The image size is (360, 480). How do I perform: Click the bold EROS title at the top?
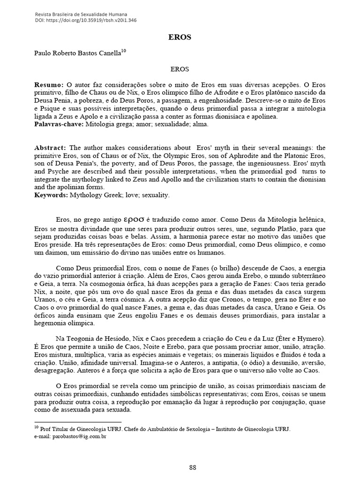[x=180, y=37]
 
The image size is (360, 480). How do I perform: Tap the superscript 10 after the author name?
[x=123, y=51]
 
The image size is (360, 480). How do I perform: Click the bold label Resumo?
[x=49, y=85]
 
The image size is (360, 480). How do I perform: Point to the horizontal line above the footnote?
[x=78, y=422]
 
